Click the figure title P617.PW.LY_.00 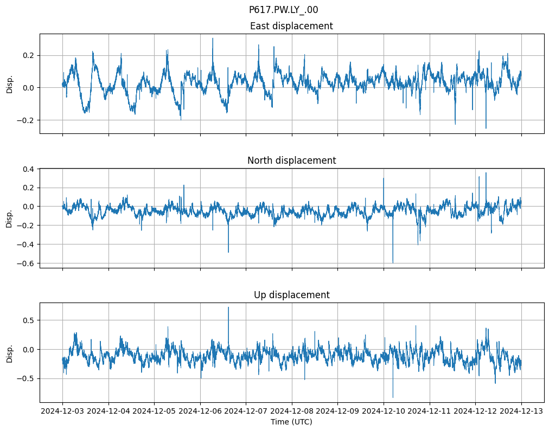pos(283,10)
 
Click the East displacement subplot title pos(291,26)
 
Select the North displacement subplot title pos(291,160)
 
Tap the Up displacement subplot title pos(291,295)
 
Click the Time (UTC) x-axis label pos(291,422)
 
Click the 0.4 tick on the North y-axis pos(28,169)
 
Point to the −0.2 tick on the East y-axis pos(26,120)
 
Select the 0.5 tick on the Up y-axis pos(28,320)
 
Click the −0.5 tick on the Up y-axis pos(26,378)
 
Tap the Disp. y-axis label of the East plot pos(9,84)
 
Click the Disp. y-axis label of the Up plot pos(9,353)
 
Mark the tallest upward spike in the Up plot pos(228,307)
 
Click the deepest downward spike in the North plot pos(393,262)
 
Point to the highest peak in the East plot pos(213,38)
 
